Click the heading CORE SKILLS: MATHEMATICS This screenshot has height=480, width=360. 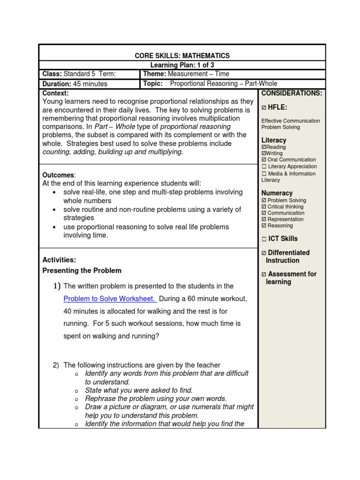182,56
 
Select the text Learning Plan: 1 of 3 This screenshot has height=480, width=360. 182,65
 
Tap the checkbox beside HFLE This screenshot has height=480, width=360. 264,108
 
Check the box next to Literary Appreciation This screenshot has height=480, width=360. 264,166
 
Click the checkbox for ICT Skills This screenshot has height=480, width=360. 264,239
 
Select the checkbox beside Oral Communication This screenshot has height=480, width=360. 264,160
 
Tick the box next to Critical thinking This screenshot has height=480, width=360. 264,207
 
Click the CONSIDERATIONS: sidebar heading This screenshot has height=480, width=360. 292,93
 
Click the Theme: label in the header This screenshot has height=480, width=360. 154,74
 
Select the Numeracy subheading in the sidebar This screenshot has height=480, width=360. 277,193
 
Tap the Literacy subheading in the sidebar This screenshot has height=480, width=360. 274,140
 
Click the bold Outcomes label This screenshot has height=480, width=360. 58,175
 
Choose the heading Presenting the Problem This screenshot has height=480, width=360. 82,270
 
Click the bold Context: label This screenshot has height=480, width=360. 55,93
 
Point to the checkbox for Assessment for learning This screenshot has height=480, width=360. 264,274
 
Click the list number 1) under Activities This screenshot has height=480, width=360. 57,286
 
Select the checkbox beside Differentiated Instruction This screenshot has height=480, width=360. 264,253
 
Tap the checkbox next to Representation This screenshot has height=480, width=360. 264,219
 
